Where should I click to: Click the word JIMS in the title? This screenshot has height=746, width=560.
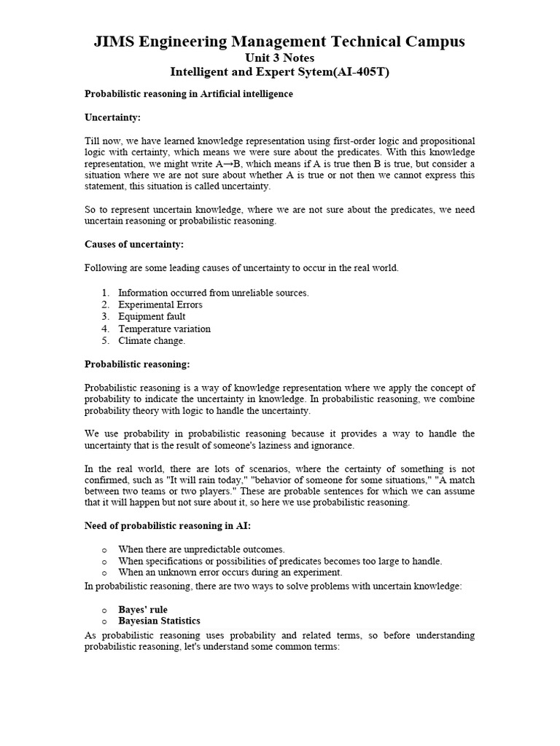point(114,42)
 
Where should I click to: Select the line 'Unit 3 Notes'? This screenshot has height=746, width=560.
point(279,58)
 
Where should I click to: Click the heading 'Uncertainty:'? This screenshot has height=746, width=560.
point(112,117)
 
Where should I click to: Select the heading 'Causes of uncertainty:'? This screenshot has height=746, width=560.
point(134,244)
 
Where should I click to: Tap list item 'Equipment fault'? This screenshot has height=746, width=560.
point(152,317)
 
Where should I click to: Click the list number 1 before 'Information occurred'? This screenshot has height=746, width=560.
point(105,293)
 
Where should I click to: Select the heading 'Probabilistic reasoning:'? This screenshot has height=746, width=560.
point(137,364)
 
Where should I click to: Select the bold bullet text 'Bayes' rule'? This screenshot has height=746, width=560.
point(143,609)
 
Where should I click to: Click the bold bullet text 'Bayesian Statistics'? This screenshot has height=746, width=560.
point(159,621)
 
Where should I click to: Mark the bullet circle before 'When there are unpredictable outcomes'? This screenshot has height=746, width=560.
point(105,550)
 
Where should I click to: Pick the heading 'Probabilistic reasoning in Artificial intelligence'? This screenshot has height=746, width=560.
point(189,94)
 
